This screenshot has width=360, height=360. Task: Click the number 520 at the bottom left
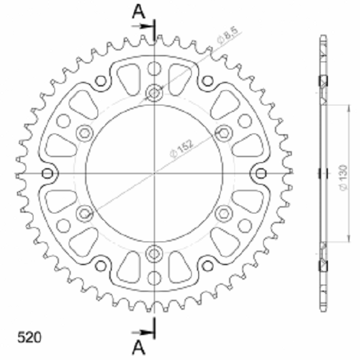(x=29, y=337)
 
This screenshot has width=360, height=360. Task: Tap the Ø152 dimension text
(x=181, y=149)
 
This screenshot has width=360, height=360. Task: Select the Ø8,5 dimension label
(x=227, y=35)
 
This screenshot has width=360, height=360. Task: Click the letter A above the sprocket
(x=139, y=12)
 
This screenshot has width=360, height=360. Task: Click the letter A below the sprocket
(x=139, y=348)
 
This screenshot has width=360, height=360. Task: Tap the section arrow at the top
(x=143, y=26)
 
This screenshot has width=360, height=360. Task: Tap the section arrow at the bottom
(x=143, y=332)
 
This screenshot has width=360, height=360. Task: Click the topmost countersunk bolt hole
(x=154, y=93)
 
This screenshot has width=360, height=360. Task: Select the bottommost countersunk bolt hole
(x=154, y=254)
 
